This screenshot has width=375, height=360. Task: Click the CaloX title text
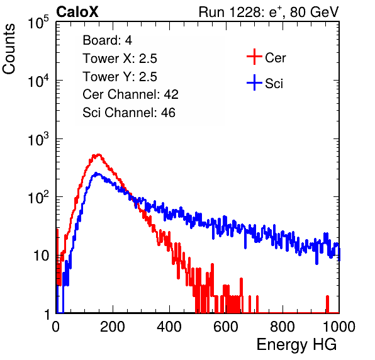tap(77, 12)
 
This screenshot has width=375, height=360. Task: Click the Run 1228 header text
tap(269, 12)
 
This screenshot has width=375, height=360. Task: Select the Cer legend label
tap(275, 58)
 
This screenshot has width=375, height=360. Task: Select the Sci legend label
tap(274, 84)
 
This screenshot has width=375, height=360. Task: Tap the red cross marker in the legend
tap(254, 57)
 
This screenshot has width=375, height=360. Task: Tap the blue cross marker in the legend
tap(254, 82)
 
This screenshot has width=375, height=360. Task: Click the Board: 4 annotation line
tap(108, 40)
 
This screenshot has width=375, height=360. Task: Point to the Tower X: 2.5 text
tap(120, 59)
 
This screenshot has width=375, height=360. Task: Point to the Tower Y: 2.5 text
tap(120, 77)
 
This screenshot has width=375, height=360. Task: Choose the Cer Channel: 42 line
tap(131, 94)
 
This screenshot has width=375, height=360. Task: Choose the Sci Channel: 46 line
tap(129, 113)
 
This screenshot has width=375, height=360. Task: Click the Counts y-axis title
tap(9, 49)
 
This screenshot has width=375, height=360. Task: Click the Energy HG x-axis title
tap(296, 345)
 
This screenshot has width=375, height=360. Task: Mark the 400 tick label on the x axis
tap(169, 327)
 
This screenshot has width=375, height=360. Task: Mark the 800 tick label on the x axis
tap(283, 327)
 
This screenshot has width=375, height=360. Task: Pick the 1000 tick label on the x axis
tap(339, 327)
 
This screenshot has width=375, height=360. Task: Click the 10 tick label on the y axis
tap(42, 256)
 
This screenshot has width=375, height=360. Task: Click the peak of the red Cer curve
tap(98, 155)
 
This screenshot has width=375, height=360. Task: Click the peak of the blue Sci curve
tap(96, 173)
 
